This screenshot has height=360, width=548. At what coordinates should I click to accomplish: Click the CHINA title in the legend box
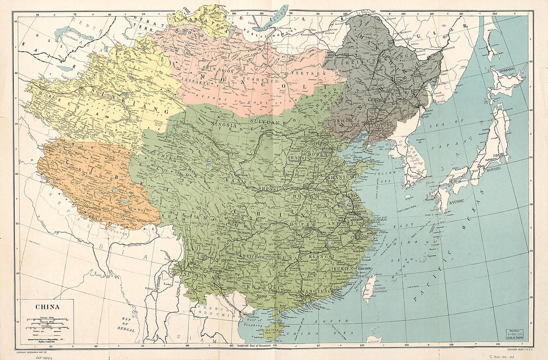[x=47, y=307]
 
